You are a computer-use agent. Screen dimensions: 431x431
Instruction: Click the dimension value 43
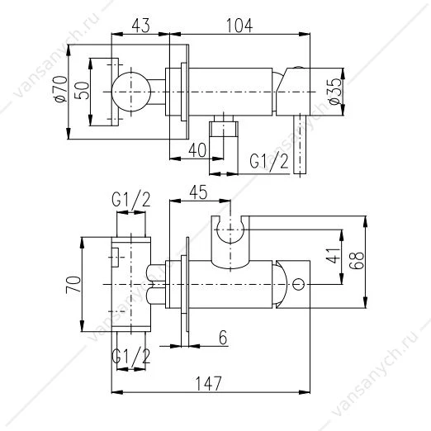(141, 26)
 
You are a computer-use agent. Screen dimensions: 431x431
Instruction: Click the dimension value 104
(239, 26)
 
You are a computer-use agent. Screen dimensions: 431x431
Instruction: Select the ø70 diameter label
(61, 89)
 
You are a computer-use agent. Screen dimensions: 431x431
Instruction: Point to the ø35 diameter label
(335, 92)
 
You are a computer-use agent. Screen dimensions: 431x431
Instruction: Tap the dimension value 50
(83, 90)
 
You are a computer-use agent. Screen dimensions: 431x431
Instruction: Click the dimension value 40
(197, 150)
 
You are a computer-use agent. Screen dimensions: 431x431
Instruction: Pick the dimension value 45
(198, 192)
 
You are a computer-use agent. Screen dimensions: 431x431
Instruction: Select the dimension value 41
(334, 255)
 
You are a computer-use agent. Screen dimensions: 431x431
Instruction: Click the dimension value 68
(358, 260)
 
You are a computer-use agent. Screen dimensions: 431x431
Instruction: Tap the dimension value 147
(208, 383)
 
